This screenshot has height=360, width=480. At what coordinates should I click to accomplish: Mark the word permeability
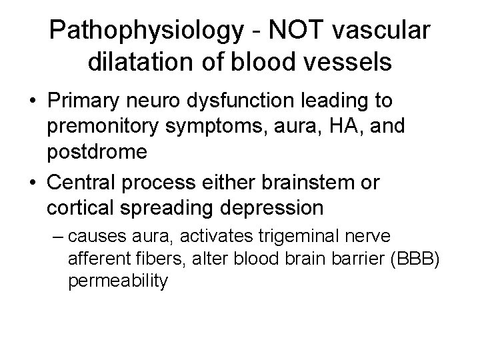coord(118,280)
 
